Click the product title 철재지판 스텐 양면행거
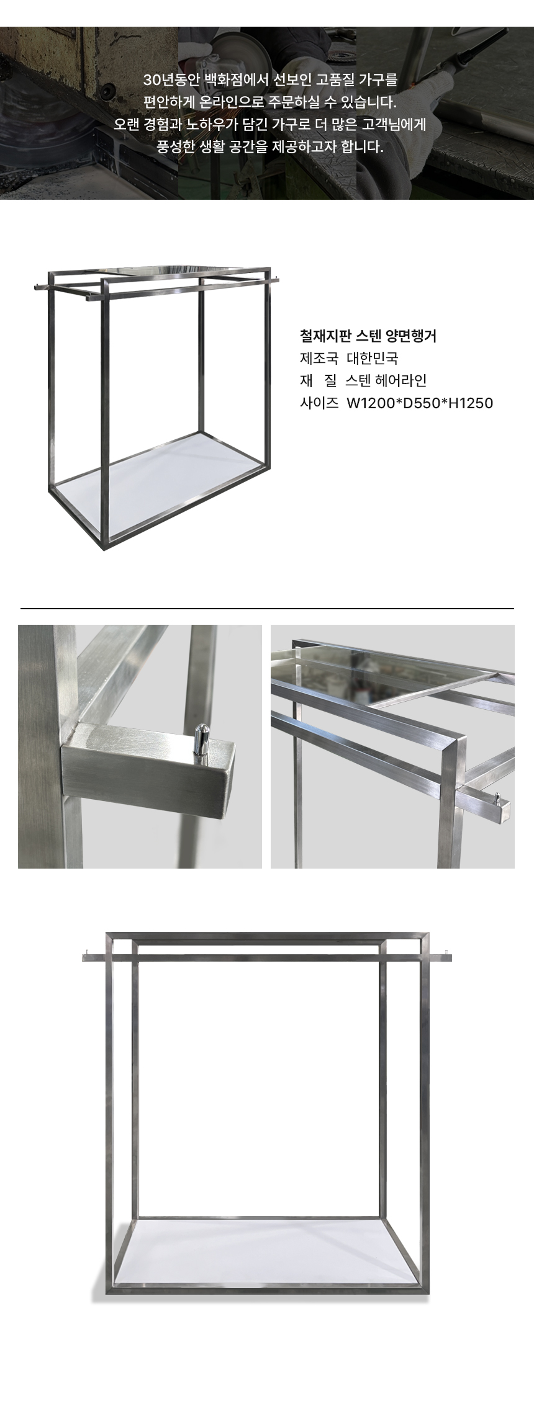point(368,336)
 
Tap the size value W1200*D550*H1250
point(420,403)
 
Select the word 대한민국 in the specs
point(372,359)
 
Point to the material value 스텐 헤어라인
point(386,381)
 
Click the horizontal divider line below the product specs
point(267,609)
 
